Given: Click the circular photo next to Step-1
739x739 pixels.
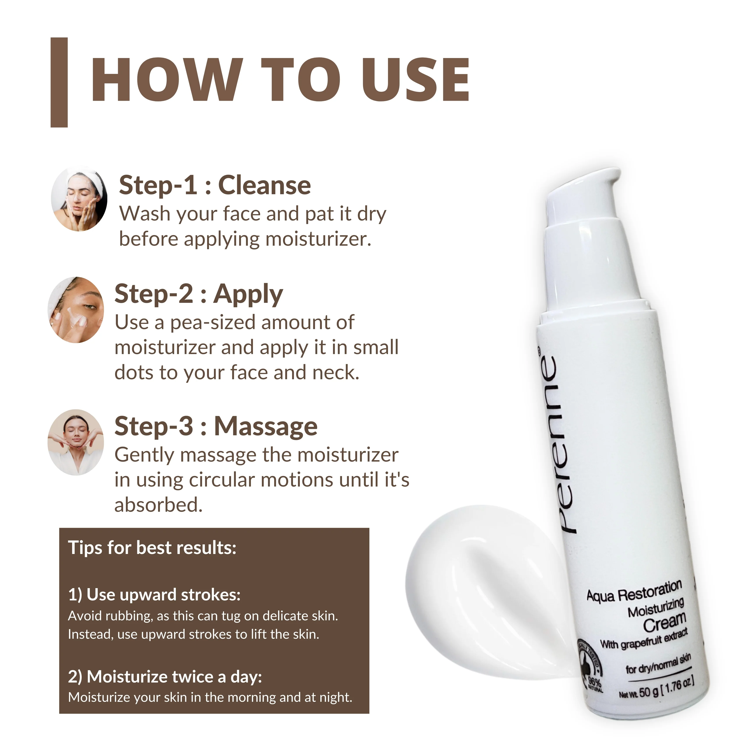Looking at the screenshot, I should point(79,199).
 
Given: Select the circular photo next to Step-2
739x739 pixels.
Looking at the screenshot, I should point(76,310).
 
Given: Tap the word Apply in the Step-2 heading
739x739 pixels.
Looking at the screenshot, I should point(248,295).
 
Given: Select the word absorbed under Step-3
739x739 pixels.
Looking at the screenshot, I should point(158,505).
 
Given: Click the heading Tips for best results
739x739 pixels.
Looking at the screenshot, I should point(152,548).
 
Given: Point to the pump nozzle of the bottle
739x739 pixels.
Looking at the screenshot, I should point(585,187).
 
